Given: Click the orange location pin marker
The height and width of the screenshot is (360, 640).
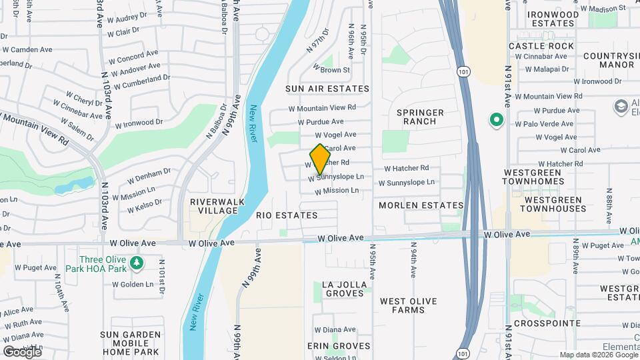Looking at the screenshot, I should coord(321,159).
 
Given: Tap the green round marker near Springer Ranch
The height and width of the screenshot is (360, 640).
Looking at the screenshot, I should coord(496,120).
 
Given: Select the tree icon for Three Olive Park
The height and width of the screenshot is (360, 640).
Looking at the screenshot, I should coord(137,263).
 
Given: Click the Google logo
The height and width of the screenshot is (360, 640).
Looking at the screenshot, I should coord(22,351).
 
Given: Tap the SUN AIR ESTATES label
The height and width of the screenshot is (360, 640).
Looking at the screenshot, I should coord(327,89).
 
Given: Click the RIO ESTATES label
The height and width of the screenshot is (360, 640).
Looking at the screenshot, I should coord(287,215).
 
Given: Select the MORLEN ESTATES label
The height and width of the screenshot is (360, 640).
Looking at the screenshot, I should coord(421,205).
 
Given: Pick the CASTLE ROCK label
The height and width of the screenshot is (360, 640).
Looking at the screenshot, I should coord(541,46).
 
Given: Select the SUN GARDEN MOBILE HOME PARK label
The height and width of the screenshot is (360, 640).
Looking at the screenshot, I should coord(130,343).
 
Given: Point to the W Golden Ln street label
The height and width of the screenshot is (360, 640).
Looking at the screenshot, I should coord(133,284).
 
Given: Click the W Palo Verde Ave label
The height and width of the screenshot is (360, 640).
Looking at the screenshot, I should coord(544,123).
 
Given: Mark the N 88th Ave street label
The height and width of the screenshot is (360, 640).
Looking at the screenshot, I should coord(609,199).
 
